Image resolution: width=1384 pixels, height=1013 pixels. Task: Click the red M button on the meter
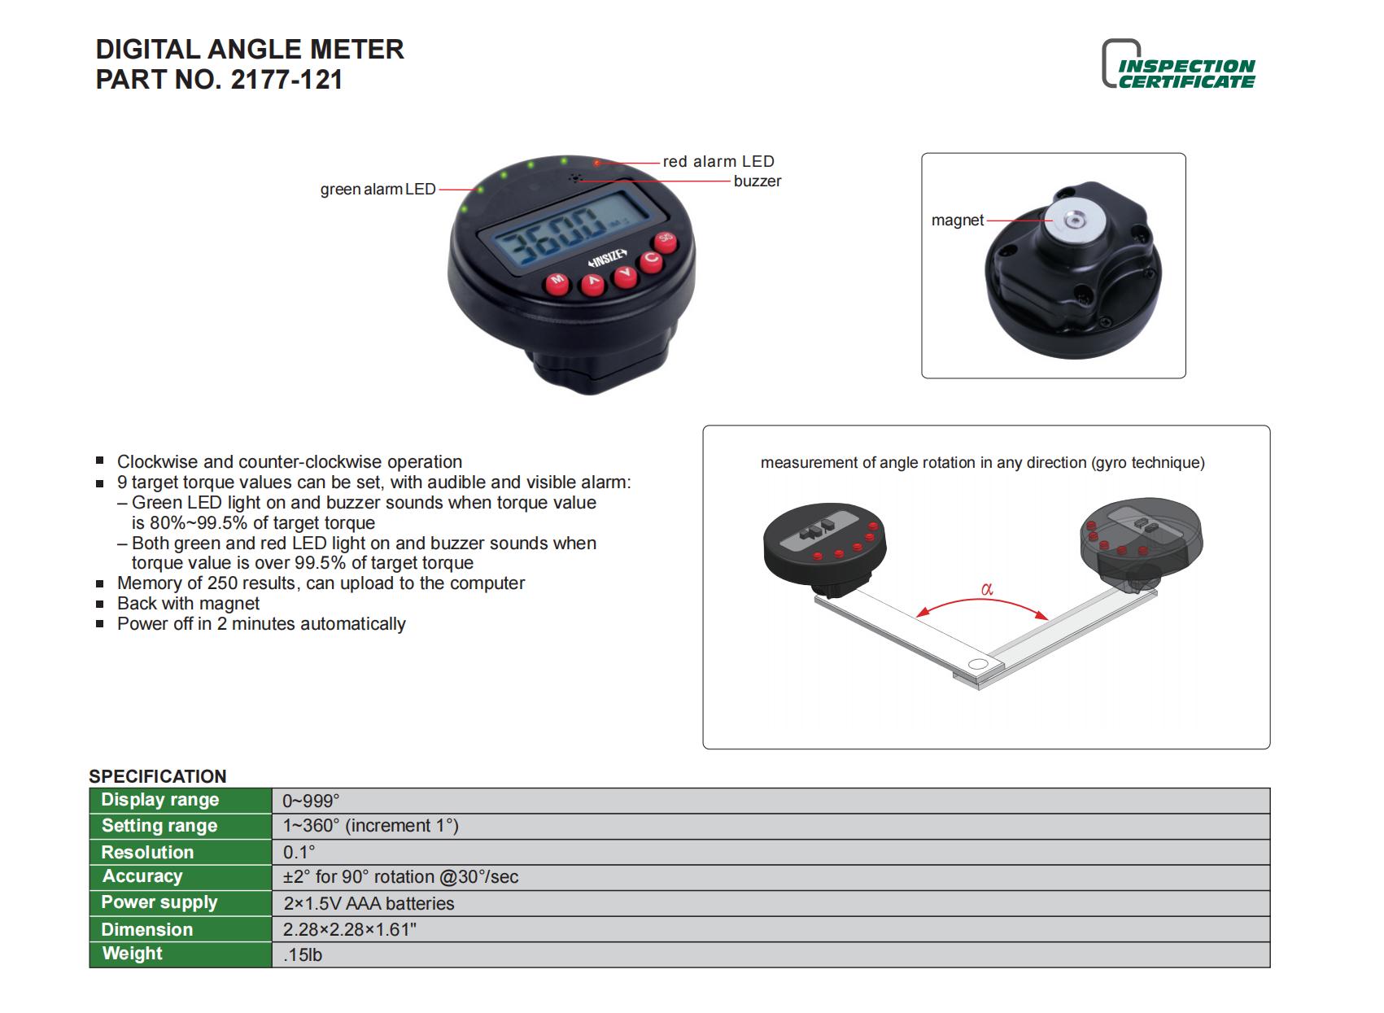point(557,282)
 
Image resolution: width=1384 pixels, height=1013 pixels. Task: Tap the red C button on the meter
point(651,260)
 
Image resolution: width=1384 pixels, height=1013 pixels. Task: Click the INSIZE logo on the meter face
point(606,260)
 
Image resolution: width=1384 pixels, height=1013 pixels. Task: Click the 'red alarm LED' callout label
point(718,161)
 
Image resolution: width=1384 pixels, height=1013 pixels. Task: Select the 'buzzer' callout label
point(757,181)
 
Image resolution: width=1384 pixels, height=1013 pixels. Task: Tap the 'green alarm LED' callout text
point(378,190)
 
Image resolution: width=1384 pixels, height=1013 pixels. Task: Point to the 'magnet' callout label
point(957,221)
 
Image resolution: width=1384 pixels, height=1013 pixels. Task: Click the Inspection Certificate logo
point(1180,65)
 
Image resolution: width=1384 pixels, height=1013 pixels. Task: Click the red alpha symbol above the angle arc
point(987,589)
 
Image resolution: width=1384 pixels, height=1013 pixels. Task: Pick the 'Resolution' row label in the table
point(147,852)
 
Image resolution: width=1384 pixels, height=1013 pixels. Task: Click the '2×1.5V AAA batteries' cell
point(369,903)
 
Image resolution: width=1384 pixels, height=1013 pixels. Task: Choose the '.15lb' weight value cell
point(303,955)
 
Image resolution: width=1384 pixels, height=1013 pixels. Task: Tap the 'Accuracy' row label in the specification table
point(142,877)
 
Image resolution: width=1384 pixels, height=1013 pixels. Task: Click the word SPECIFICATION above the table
point(158,776)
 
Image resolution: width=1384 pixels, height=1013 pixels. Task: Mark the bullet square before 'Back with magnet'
point(100,604)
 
